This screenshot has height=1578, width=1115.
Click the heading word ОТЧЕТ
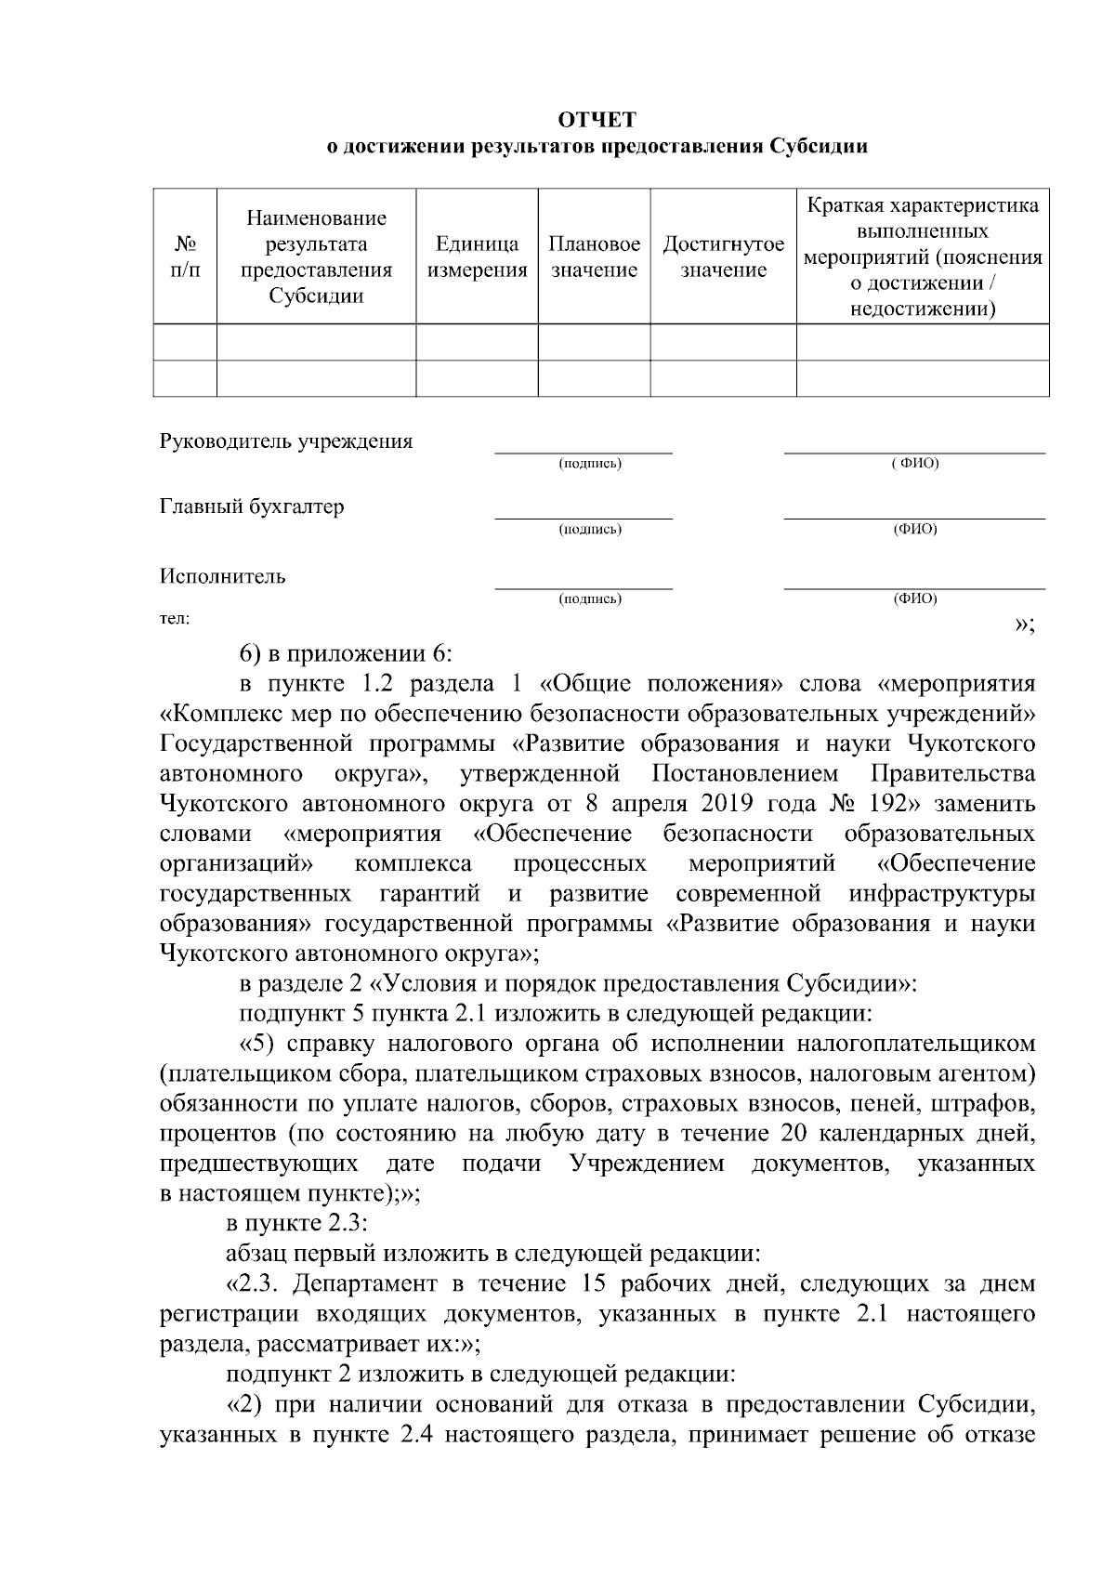tap(597, 120)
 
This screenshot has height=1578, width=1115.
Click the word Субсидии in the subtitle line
tap(818, 147)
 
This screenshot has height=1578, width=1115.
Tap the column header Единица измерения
tap(477, 257)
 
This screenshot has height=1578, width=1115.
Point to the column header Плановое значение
tap(594, 257)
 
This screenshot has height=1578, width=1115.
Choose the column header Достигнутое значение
tap(723, 257)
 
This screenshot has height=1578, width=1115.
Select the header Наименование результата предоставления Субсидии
tap(316, 257)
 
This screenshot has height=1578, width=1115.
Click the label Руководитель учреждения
tap(286, 441)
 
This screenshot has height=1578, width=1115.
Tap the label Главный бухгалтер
tap(252, 506)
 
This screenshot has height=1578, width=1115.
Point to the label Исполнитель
tap(223, 576)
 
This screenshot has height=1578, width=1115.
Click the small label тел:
tap(175, 618)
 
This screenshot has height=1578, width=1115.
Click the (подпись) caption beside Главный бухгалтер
tap(590, 530)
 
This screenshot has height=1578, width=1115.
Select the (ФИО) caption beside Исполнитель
tap(915, 599)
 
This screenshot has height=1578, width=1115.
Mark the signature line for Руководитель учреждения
tap(584, 451)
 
